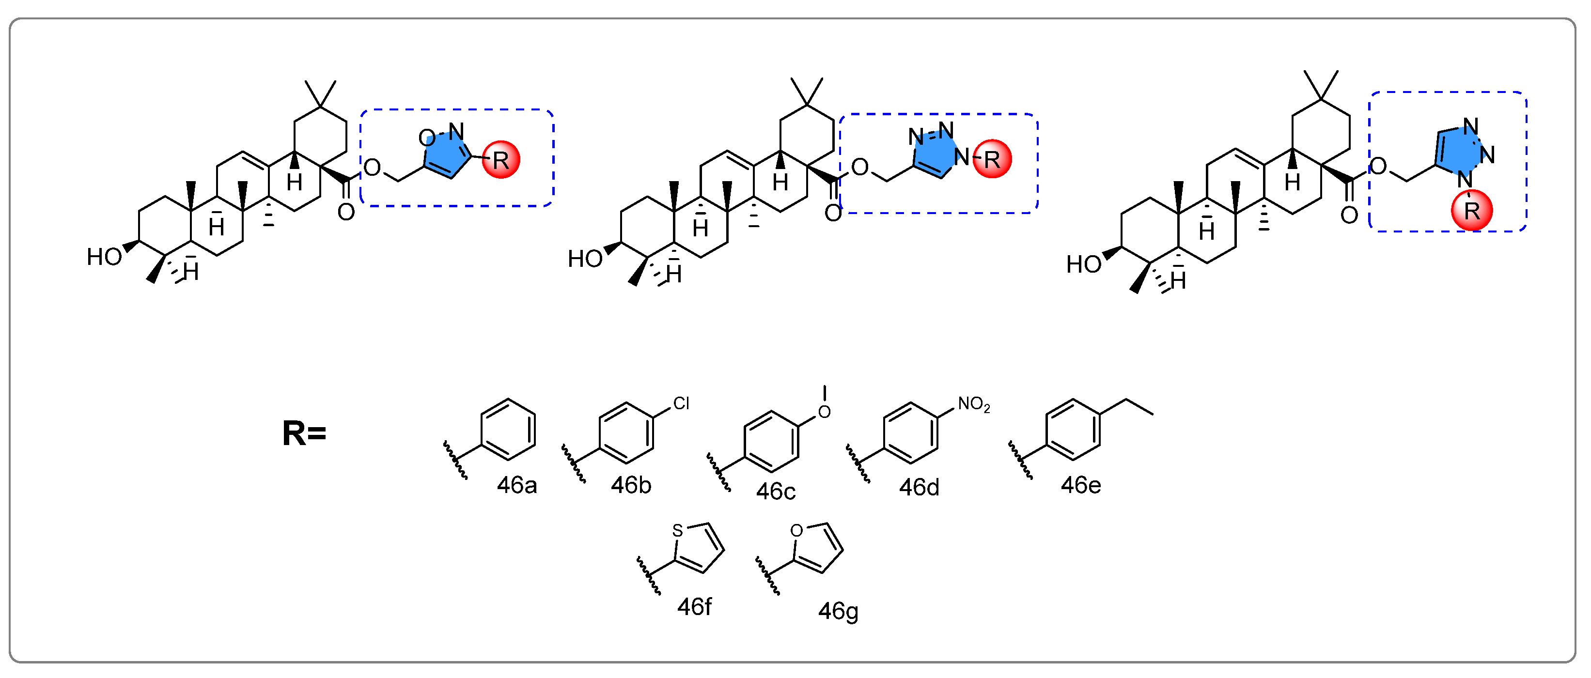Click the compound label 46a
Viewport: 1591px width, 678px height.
click(x=516, y=485)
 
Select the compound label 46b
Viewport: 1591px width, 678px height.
click(x=631, y=485)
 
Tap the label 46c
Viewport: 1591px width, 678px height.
click(x=775, y=492)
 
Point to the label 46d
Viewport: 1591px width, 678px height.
click(x=919, y=488)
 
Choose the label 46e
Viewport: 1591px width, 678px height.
click(x=1080, y=485)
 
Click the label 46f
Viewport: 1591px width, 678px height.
click(x=694, y=607)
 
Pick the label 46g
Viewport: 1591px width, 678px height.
click(x=838, y=611)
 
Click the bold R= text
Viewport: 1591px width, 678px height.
click(x=304, y=433)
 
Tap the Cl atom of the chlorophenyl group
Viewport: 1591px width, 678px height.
click(x=681, y=403)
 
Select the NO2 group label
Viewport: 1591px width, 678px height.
click(x=973, y=404)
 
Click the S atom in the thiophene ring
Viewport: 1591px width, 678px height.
click(x=678, y=530)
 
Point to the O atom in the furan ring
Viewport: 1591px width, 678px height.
click(x=797, y=530)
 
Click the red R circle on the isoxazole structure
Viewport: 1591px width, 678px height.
click(x=500, y=160)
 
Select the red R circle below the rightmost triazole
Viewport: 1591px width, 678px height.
click(x=1472, y=211)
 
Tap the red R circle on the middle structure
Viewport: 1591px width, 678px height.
click(x=992, y=159)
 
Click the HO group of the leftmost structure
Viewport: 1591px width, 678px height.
click(x=104, y=257)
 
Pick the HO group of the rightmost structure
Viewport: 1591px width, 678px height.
click(x=1083, y=264)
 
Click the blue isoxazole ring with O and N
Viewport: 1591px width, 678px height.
click(x=446, y=154)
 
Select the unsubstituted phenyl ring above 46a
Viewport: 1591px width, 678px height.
click(x=508, y=430)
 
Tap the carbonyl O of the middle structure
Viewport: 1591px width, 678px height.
click(x=832, y=214)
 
